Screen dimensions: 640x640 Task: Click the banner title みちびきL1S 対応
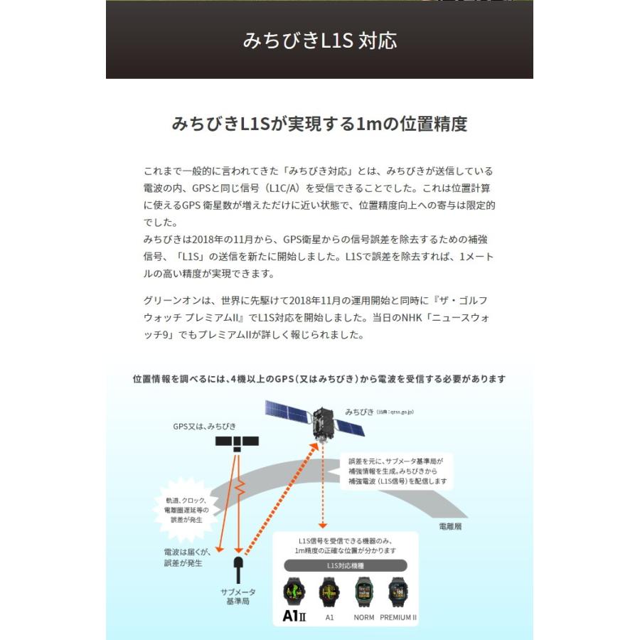(x=319, y=40)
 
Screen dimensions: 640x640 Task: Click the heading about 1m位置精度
(x=319, y=124)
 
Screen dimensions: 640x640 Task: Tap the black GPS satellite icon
(x=238, y=442)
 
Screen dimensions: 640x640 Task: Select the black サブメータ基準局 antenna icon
(x=238, y=568)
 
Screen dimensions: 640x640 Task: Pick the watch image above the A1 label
(x=329, y=592)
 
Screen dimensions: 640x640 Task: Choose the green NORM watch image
(x=364, y=592)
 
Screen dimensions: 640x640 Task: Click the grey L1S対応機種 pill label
(x=346, y=566)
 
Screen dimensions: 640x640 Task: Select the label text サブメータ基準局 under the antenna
(x=238, y=596)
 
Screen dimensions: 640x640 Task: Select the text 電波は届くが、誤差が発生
(x=183, y=558)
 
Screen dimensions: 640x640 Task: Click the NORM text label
(x=364, y=617)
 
